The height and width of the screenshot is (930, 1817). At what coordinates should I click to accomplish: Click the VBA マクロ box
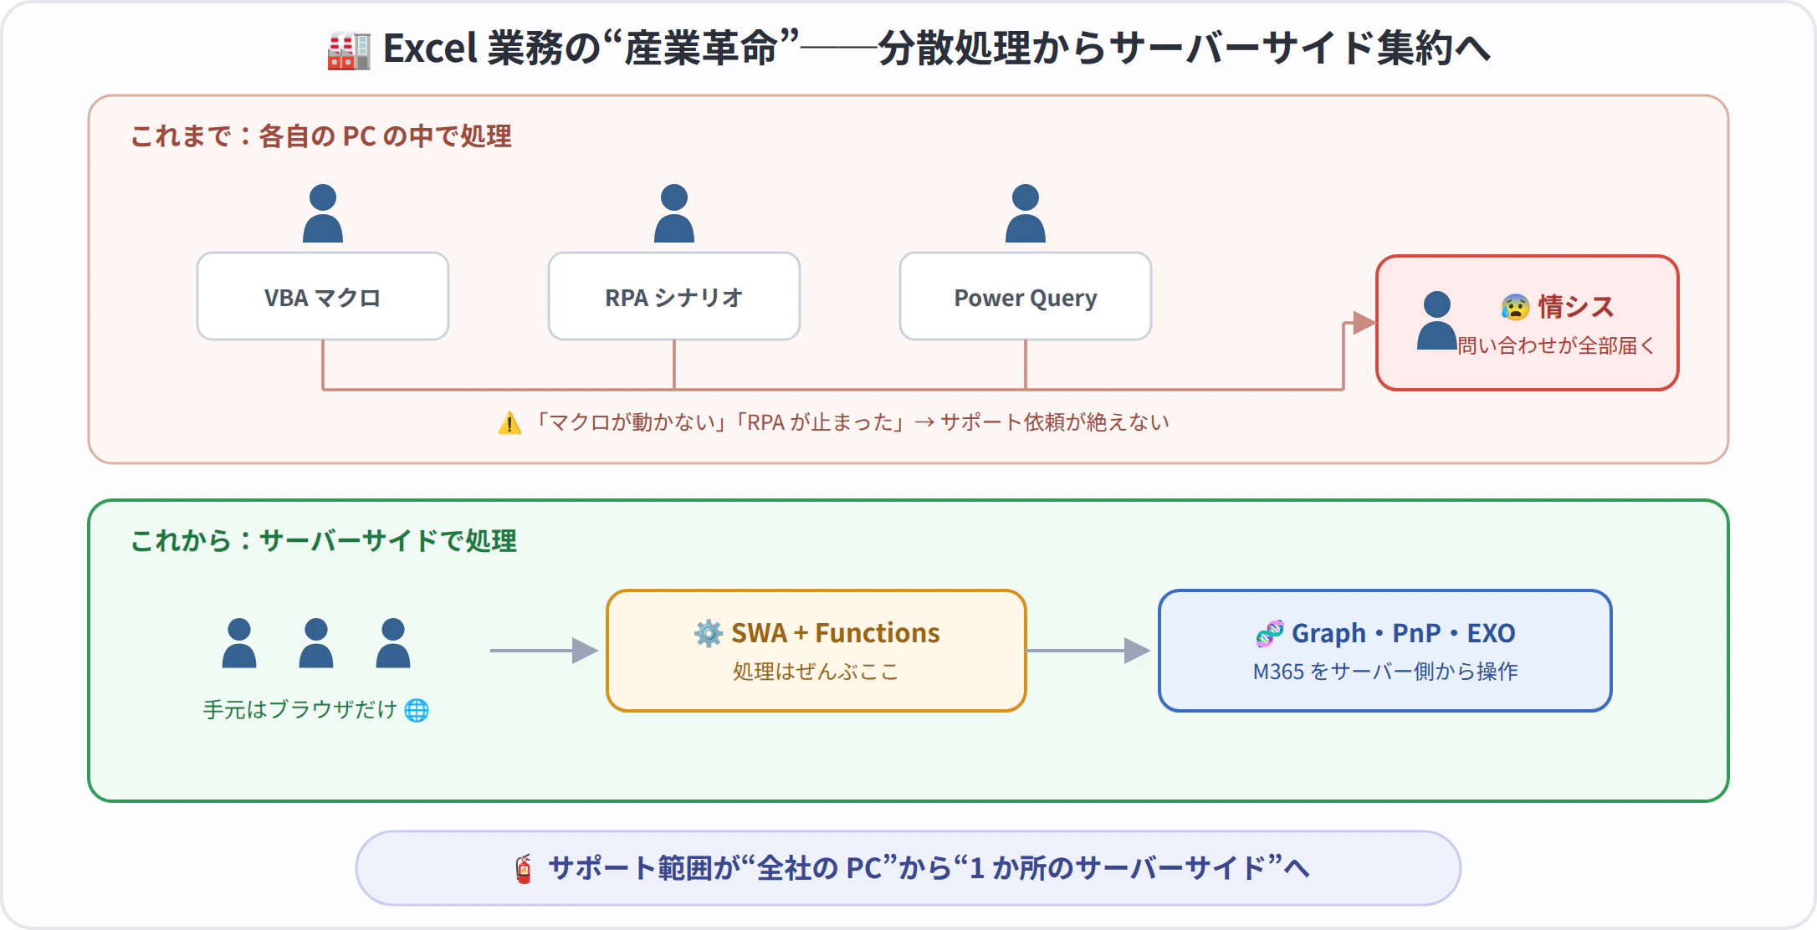pyautogui.click(x=323, y=296)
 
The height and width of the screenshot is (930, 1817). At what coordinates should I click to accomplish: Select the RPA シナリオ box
pyautogui.click(x=674, y=296)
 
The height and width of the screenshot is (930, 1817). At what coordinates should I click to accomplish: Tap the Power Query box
pyautogui.click(x=1026, y=296)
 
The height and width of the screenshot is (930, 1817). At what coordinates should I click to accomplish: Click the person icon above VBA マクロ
pyautogui.click(x=323, y=213)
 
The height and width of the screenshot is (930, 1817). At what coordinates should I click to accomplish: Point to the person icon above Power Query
pyautogui.click(x=1026, y=213)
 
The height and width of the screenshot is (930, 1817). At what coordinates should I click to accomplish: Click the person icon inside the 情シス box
pyautogui.click(x=1437, y=320)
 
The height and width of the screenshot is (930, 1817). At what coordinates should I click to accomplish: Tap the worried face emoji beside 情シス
pyautogui.click(x=1515, y=307)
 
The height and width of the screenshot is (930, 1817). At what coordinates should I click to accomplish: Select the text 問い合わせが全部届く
pyautogui.click(x=1556, y=345)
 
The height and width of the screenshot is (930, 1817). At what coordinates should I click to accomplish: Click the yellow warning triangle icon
pyautogui.click(x=509, y=423)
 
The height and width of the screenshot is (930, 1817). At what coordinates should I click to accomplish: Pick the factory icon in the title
pyautogui.click(x=349, y=50)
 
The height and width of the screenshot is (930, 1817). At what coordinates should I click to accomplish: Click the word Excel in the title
pyautogui.click(x=430, y=49)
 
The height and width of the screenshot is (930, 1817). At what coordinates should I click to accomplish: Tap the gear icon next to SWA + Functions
pyautogui.click(x=709, y=633)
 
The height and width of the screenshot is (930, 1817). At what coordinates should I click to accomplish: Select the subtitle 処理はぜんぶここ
pyautogui.click(x=816, y=672)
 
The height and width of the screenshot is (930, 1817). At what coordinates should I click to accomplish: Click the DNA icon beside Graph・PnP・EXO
pyautogui.click(x=1270, y=633)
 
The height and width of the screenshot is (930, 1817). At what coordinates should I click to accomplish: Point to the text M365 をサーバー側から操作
pyautogui.click(x=1385, y=672)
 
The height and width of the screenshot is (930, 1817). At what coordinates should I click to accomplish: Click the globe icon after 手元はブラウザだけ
pyautogui.click(x=417, y=710)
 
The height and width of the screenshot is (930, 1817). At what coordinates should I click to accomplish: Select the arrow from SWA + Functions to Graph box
pyautogui.click(x=1088, y=651)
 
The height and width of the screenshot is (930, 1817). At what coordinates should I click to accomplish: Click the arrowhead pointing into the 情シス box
pyautogui.click(x=1364, y=323)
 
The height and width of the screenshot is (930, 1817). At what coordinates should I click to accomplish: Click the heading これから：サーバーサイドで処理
pyautogui.click(x=324, y=541)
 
